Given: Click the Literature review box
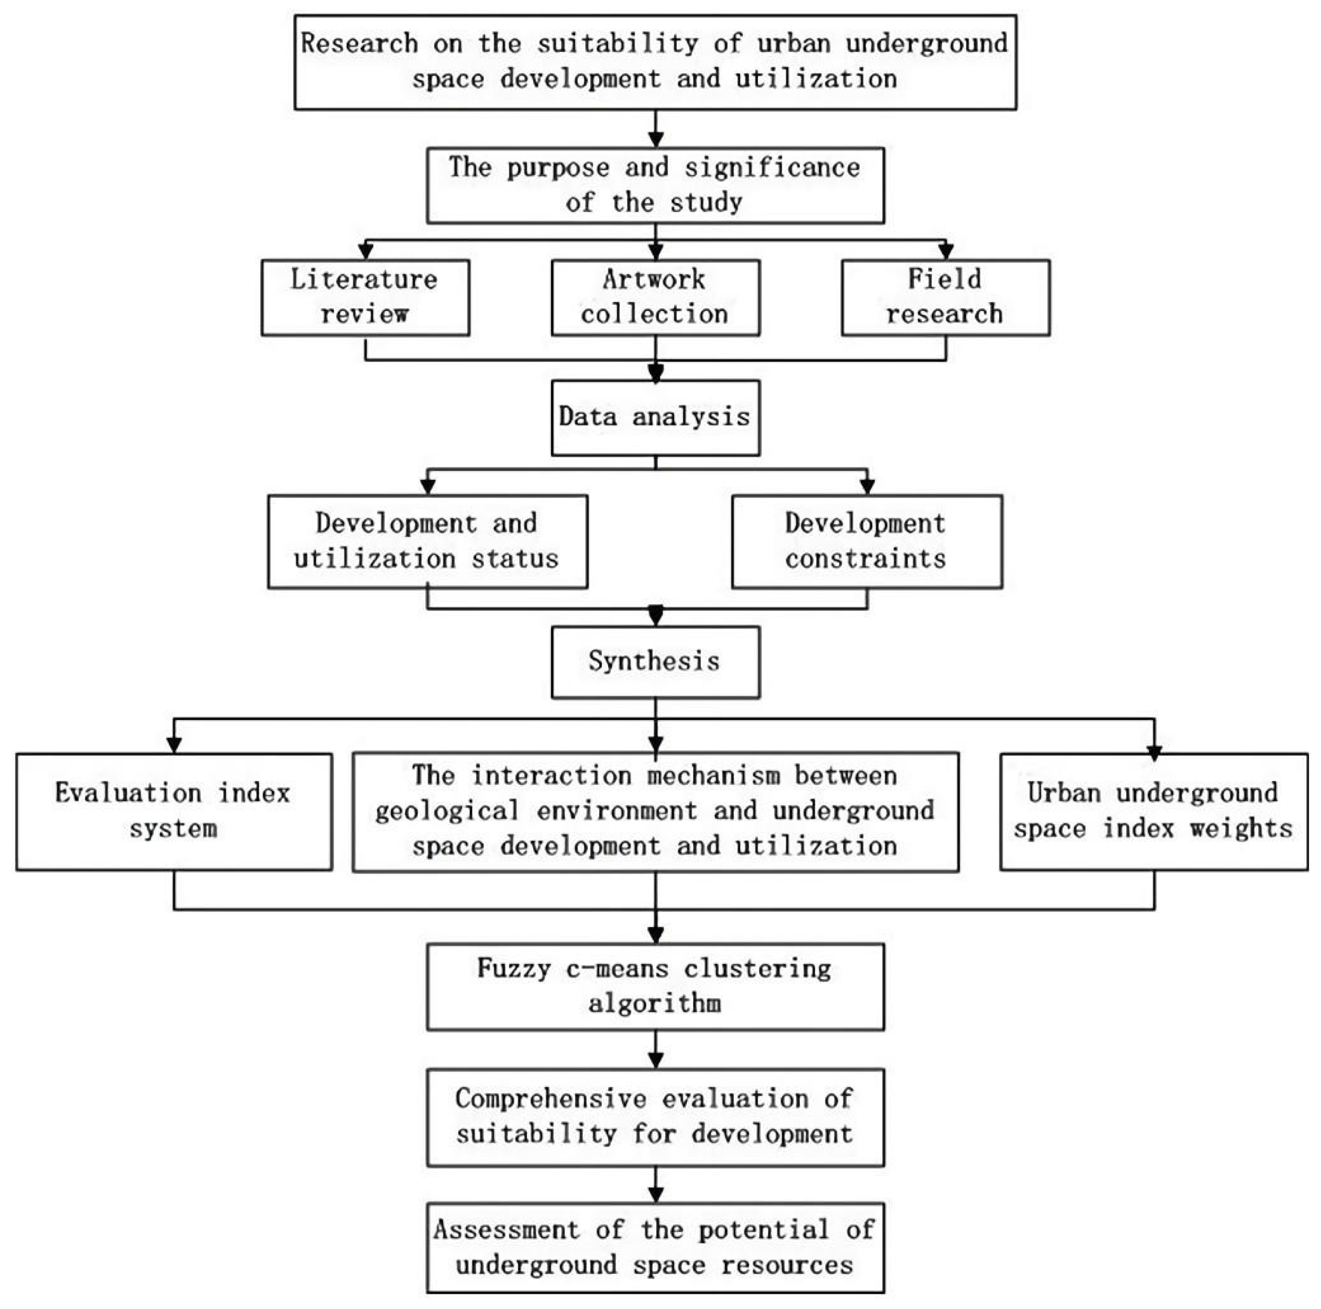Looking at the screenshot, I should tap(365, 297).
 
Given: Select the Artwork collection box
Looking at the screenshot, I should tap(655, 297).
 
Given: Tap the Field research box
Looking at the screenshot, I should tap(945, 297).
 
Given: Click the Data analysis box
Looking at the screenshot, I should tap(655, 417).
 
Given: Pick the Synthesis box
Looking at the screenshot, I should tap(655, 662).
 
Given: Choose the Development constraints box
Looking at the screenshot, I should tap(866, 541).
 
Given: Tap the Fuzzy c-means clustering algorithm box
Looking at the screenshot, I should tap(655, 986).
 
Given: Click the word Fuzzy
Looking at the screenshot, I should tap(513, 969).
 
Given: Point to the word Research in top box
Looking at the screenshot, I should tap(360, 44).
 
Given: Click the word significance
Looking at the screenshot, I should tap(772, 168).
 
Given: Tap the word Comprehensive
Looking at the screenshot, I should tap(551, 1099).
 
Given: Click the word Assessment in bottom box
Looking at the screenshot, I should tap(506, 1230).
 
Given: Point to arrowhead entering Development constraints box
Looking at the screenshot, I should tap(867, 486).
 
